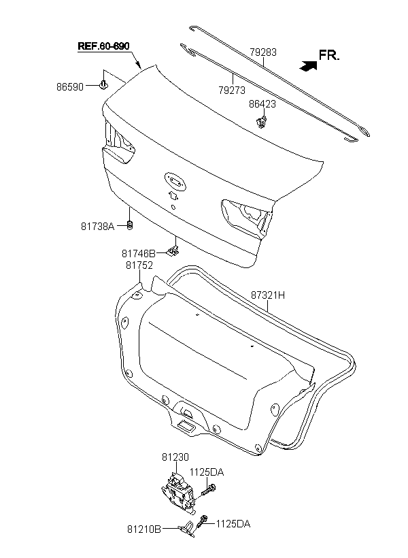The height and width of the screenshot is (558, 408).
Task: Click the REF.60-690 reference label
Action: pyautogui.click(x=103, y=46)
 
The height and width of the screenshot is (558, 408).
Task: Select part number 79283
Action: pyautogui.click(x=263, y=52)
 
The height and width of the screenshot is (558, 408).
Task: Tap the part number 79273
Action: pyautogui.click(x=232, y=91)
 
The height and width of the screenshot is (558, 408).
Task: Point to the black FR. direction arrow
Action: pyautogui.click(x=308, y=65)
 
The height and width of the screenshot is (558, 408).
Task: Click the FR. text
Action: pyautogui.click(x=329, y=55)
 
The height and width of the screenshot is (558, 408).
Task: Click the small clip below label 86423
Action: pyautogui.click(x=261, y=121)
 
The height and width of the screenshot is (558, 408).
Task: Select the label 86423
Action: pyautogui.click(x=262, y=104)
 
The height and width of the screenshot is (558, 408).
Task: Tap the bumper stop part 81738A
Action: pyautogui.click(x=130, y=225)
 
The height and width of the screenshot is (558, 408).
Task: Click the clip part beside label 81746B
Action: pyautogui.click(x=173, y=250)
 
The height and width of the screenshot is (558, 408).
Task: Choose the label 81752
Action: pyautogui.click(x=139, y=265)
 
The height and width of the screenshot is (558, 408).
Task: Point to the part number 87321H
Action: pyautogui.click(x=268, y=295)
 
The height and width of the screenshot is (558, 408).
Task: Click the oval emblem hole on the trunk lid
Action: pyautogui.click(x=175, y=182)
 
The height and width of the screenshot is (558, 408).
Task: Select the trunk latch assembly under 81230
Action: pyautogui.click(x=178, y=493)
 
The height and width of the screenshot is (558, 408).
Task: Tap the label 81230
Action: pyautogui.click(x=175, y=457)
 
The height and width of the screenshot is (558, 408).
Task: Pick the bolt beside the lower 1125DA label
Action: pyautogui.click(x=203, y=521)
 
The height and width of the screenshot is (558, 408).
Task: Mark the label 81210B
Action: pyautogui.click(x=144, y=529)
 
